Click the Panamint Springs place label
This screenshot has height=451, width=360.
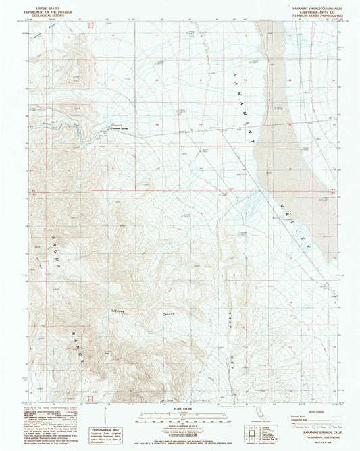[x=118, y=128]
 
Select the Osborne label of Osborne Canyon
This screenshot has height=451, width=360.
[x=119, y=310]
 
